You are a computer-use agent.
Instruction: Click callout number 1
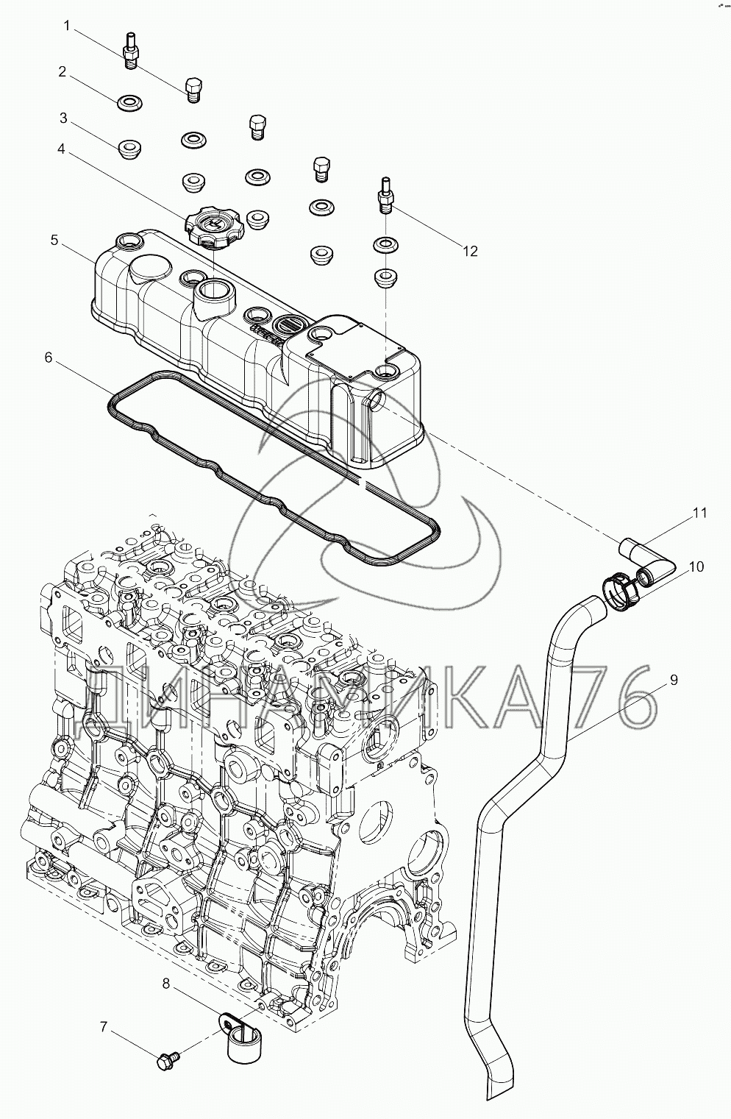[x=68, y=26]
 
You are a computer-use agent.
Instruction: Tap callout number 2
[x=62, y=72]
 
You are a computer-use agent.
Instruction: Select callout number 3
[x=63, y=118]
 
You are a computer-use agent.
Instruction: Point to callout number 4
[x=61, y=149]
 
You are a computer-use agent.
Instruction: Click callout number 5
[x=54, y=241]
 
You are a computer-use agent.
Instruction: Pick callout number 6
[x=48, y=358]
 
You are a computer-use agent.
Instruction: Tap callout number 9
[x=674, y=679]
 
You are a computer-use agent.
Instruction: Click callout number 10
[x=696, y=567]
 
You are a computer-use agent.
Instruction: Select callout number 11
[x=699, y=513]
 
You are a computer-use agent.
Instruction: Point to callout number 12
[x=470, y=252]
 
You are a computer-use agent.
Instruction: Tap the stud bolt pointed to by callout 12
[x=385, y=196]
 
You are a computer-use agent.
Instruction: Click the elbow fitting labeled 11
[x=648, y=562]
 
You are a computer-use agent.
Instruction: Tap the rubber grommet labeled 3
[x=130, y=149]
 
